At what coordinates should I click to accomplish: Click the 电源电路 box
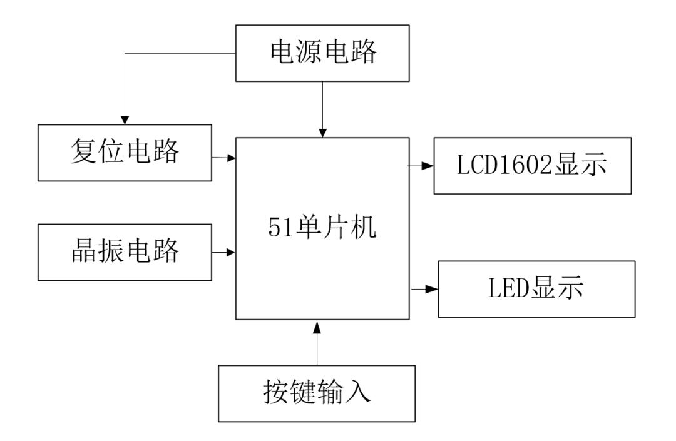pyautogui.click(x=322, y=53)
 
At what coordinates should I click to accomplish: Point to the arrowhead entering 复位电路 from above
pyautogui.click(x=125, y=118)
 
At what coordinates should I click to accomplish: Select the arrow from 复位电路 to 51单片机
pyautogui.click(x=222, y=158)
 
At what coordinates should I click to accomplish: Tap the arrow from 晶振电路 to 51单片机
pyautogui.click(x=222, y=253)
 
